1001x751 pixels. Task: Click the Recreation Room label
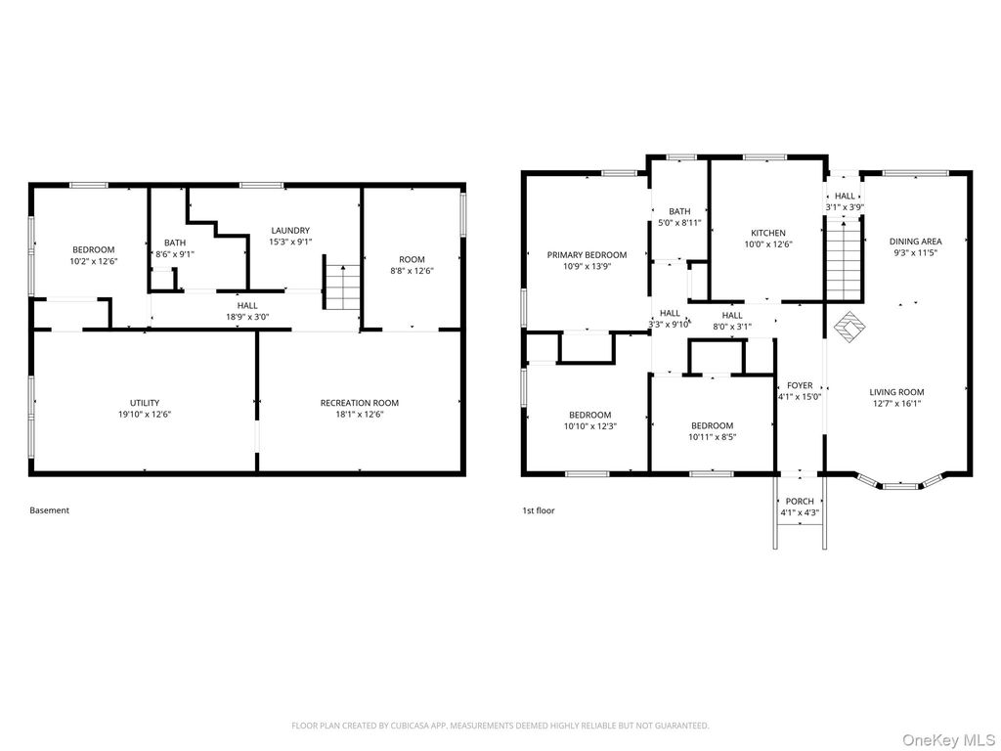point(360,403)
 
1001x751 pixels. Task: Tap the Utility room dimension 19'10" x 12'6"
point(145,414)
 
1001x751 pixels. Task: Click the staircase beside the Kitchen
point(844,258)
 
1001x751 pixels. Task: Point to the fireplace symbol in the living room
point(849,327)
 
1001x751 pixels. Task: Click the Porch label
point(800,502)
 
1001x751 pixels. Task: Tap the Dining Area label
point(915,242)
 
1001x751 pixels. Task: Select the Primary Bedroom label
point(587,255)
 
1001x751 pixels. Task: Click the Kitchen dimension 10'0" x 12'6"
point(768,243)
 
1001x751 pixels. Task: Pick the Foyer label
point(800,385)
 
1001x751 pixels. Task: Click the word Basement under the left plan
point(49,510)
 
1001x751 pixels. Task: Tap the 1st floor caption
point(539,510)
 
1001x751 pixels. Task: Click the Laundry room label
point(290,231)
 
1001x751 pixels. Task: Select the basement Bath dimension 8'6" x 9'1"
point(175,254)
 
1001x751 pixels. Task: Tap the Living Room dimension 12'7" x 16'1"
point(897,404)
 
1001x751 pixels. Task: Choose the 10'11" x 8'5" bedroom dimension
point(713,437)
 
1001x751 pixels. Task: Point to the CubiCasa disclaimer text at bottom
point(500,726)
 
